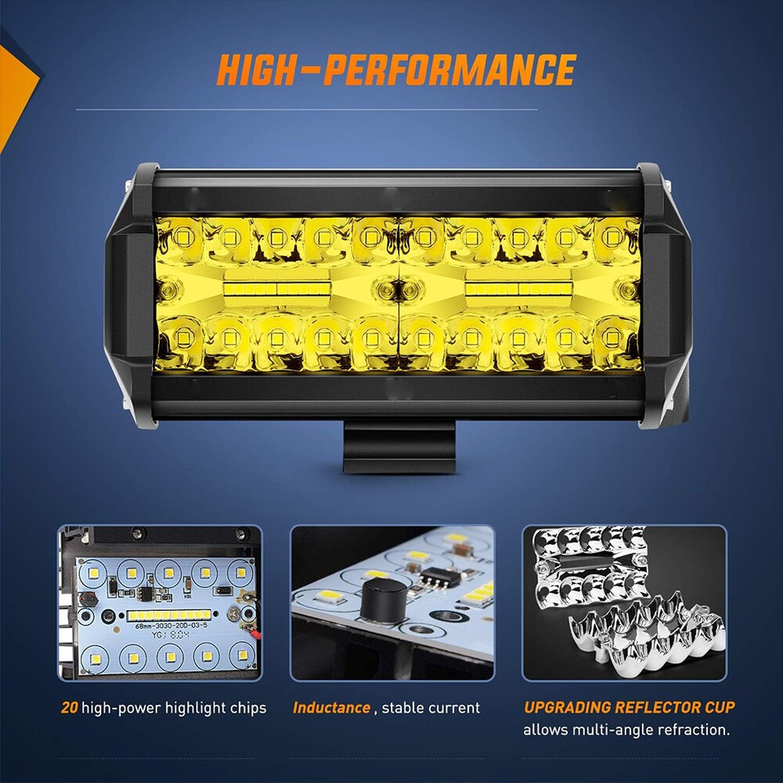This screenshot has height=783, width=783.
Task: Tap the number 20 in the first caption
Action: tap(69, 707)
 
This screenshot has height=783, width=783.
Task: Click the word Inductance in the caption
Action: tap(331, 707)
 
